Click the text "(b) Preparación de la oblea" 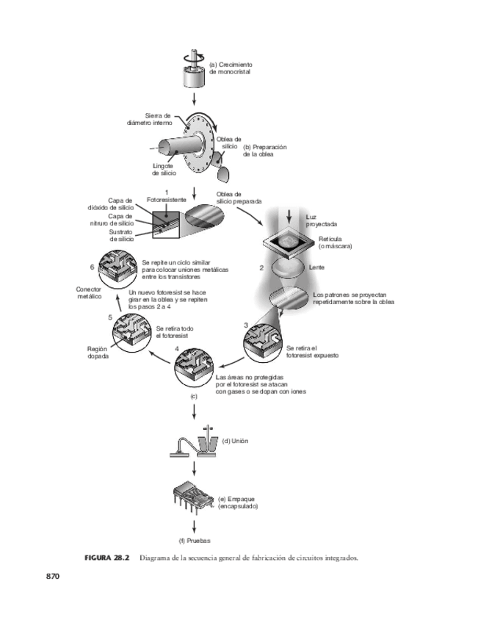pos(264,151)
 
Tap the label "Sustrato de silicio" pos(121,236)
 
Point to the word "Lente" pos(317,267)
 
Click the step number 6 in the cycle pos(92,267)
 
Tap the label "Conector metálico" pos(89,293)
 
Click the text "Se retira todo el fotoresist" pos(174,331)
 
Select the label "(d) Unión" pos(233,441)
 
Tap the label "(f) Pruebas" pos(195,540)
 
